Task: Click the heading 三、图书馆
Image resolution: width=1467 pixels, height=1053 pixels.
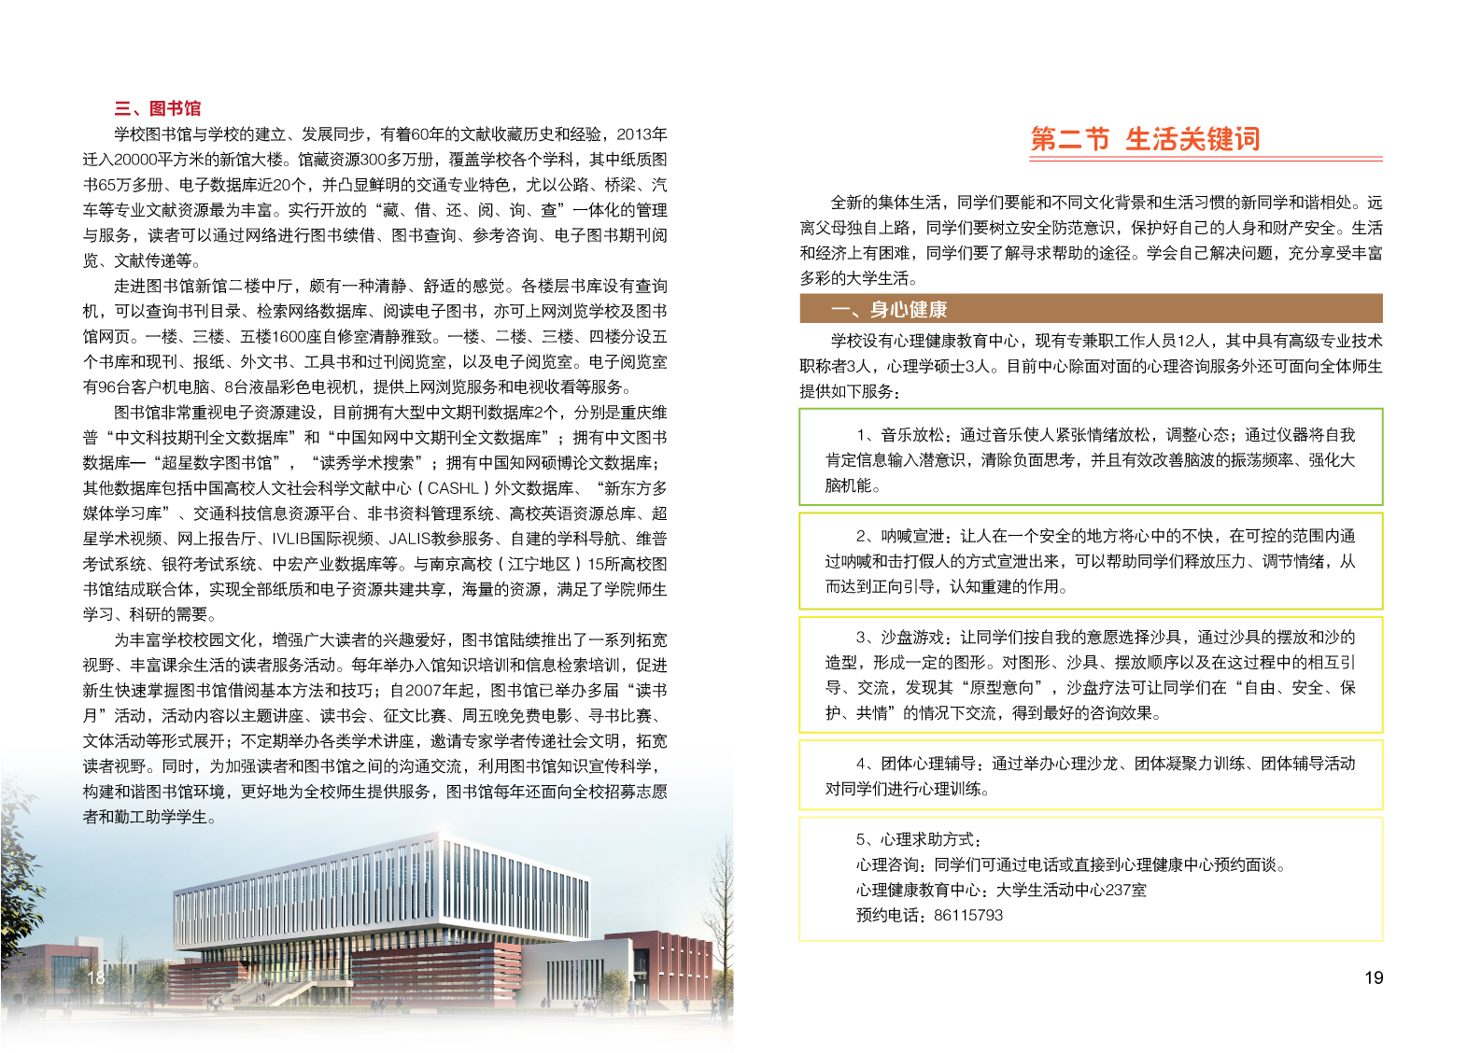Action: pyautogui.click(x=157, y=108)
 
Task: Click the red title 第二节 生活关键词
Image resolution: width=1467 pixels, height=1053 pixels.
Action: pyautogui.click(x=1145, y=139)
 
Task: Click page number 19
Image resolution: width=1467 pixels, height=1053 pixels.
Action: pyautogui.click(x=1373, y=977)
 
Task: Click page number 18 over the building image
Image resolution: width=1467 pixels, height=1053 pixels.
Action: pyautogui.click(x=96, y=977)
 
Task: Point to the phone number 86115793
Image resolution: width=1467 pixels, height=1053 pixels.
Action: pyautogui.click(x=967, y=915)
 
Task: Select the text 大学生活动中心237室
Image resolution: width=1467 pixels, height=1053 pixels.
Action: pyautogui.click(x=1071, y=890)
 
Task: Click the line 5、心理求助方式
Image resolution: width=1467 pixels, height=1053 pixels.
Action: pyautogui.click(x=918, y=839)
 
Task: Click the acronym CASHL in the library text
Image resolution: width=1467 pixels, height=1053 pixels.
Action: pyautogui.click(x=453, y=488)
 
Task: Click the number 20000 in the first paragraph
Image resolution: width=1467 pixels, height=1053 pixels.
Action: pyautogui.click(x=134, y=160)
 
